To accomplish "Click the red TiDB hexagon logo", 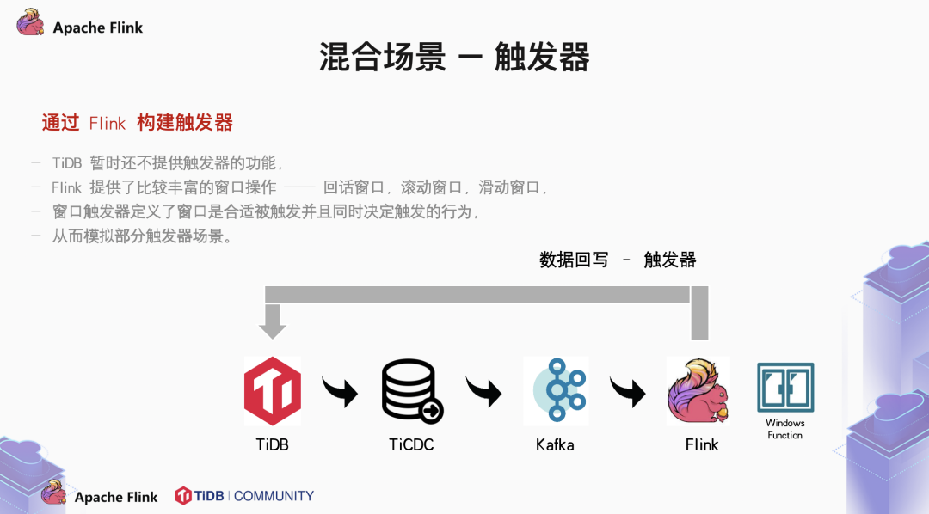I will pyautogui.click(x=273, y=391).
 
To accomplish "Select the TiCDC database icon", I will pyautogui.click(x=412, y=392).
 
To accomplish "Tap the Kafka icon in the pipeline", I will pyautogui.click(x=557, y=391).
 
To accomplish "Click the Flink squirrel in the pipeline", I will pyautogui.click(x=698, y=392).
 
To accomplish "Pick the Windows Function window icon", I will pyautogui.click(x=785, y=387).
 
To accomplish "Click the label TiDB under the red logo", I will pyautogui.click(x=273, y=444).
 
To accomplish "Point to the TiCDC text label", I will pyautogui.click(x=411, y=444).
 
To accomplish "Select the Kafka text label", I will pyautogui.click(x=555, y=444).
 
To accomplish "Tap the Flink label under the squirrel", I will pyautogui.click(x=702, y=444).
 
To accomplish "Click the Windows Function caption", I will pyautogui.click(x=785, y=429).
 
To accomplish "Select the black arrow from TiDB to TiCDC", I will pyautogui.click(x=341, y=391).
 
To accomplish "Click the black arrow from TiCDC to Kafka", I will pyautogui.click(x=484, y=391).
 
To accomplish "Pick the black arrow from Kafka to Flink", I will pyautogui.click(x=628, y=391).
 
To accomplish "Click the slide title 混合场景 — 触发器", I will pyautogui.click(x=454, y=58).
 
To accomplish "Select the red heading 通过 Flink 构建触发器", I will pyautogui.click(x=138, y=123).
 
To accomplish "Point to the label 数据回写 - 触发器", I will pyautogui.click(x=618, y=260).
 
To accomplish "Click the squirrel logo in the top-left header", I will pyautogui.click(x=31, y=22).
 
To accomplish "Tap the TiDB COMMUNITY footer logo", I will pyautogui.click(x=244, y=496).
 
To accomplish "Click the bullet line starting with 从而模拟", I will pyautogui.click(x=143, y=236).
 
